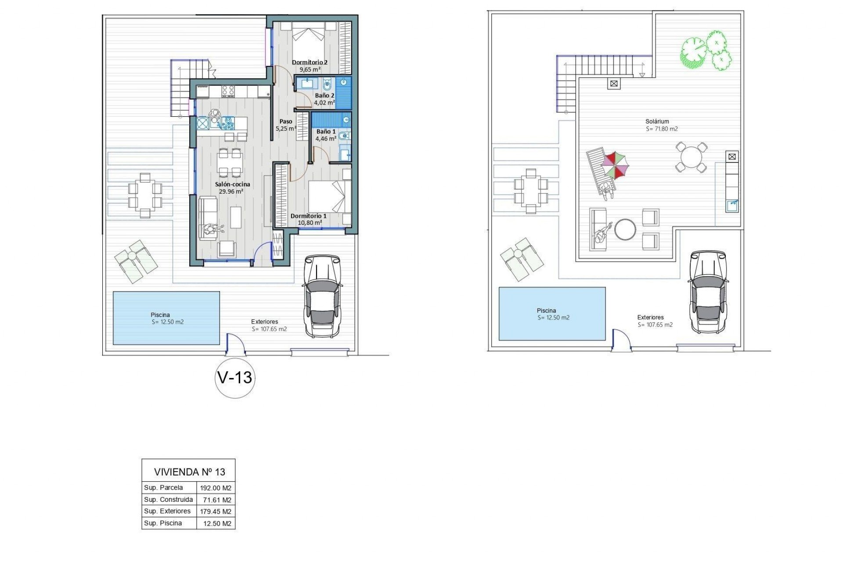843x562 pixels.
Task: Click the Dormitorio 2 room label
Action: [x=310, y=62]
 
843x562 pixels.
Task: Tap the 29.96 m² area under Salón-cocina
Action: [x=231, y=191]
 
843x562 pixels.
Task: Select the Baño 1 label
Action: [x=326, y=131]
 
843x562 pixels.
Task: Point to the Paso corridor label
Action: [x=286, y=122]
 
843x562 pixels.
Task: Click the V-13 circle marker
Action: [x=235, y=378]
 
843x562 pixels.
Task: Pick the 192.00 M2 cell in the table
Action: [x=216, y=488]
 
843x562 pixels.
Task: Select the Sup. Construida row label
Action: [x=169, y=500]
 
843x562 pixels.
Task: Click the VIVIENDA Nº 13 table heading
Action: [x=189, y=472]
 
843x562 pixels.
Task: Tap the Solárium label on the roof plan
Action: [x=657, y=122]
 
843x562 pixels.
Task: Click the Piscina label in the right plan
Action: [x=546, y=310]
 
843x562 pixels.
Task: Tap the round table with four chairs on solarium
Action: [x=691, y=157]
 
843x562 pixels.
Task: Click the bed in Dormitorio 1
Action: [x=329, y=198]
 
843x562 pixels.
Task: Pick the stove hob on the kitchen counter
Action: [x=228, y=91]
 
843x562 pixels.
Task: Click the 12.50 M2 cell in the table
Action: [x=216, y=523]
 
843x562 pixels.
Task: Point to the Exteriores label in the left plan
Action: [x=264, y=321]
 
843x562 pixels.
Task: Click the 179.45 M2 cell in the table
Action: [x=216, y=512]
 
